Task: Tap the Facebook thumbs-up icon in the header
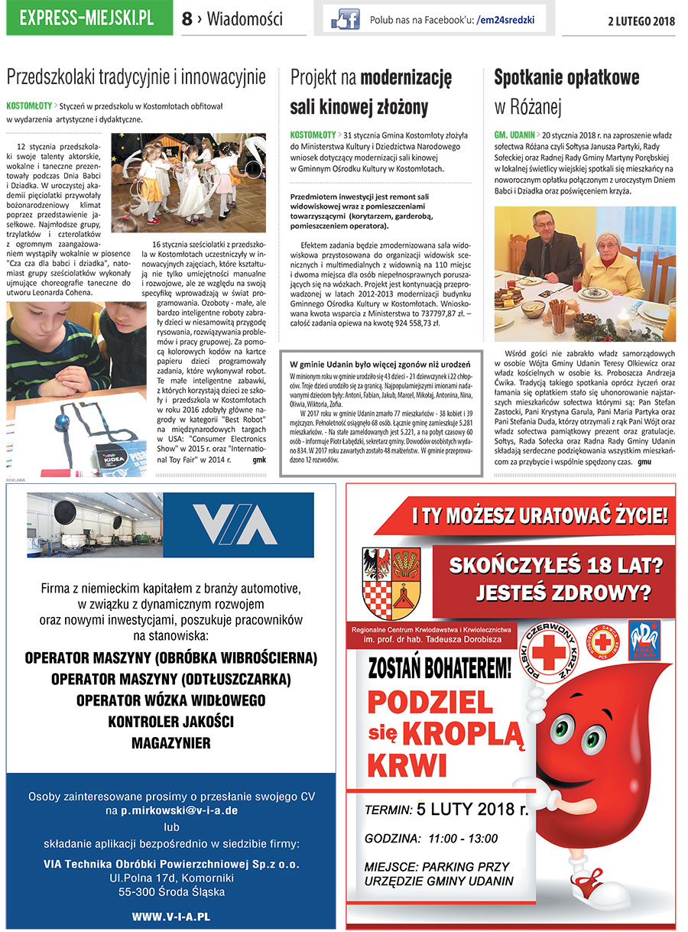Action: [x=345, y=19]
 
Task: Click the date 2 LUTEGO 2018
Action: [x=641, y=21]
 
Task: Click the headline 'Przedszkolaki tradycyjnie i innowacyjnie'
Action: [x=136, y=76]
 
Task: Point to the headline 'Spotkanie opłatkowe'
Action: [x=566, y=77]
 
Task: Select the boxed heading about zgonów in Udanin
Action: [x=375, y=363]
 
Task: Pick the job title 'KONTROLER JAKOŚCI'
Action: [x=170, y=721]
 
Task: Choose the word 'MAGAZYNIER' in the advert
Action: [x=170, y=742]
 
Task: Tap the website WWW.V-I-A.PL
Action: [x=170, y=915]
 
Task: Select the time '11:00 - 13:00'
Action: [x=463, y=839]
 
